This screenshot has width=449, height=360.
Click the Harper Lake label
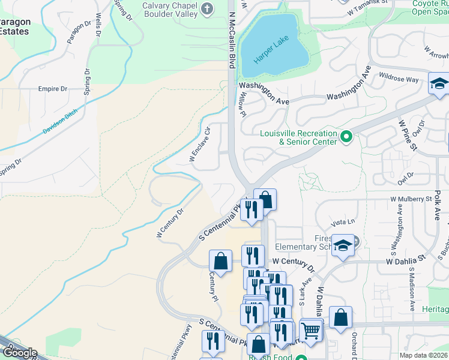coord(271,50)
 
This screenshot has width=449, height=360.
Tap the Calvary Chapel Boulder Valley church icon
coord(207,8)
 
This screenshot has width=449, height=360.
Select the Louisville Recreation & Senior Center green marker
coord(346,137)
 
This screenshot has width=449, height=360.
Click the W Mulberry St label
coord(411,198)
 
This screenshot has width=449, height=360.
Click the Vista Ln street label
coord(340,222)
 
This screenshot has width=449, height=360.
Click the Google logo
coord(20,353)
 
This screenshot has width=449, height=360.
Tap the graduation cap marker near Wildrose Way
coord(439,83)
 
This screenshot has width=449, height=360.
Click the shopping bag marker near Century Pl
coord(220,260)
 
